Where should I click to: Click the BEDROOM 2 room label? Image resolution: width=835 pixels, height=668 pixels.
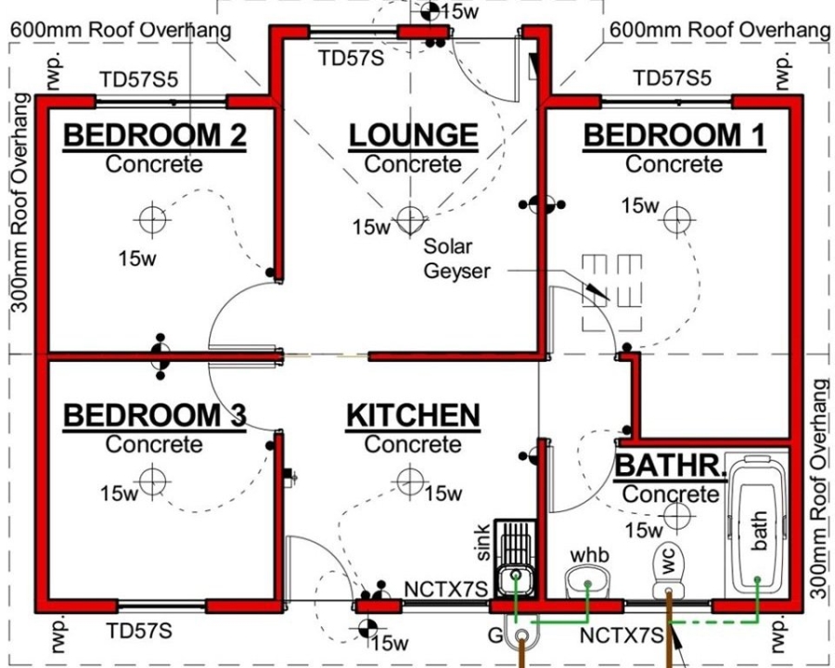(x=154, y=135)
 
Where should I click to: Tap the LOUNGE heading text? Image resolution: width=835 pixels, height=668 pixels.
(x=413, y=135)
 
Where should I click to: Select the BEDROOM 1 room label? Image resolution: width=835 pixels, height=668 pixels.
(x=674, y=135)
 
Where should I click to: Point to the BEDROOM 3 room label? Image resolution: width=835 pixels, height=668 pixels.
(x=154, y=416)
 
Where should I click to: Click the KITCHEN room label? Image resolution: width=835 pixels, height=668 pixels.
(x=413, y=416)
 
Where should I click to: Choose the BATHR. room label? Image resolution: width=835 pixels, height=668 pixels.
(x=670, y=465)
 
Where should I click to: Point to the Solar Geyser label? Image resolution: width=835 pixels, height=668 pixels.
(x=448, y=259)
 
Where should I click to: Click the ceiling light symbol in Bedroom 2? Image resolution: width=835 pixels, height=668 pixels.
(x=150, y=219)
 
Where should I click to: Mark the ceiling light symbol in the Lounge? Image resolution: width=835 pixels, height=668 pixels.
(x=409, y=219)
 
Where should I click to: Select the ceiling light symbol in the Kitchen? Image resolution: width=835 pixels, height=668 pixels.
(x=409, y=481)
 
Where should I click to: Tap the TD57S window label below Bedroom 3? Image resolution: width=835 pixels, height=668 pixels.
(x=138, y=632)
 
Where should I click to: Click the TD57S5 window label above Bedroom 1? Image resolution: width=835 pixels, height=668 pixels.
(x=673, y=78)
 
